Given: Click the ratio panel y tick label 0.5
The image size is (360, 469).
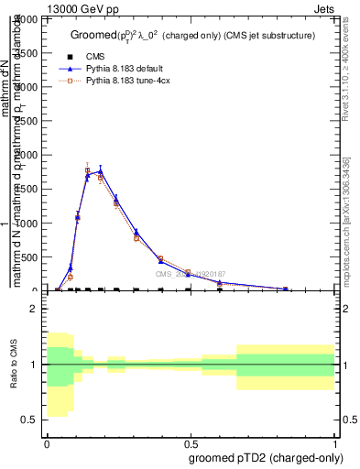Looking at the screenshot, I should (x=31, y=420).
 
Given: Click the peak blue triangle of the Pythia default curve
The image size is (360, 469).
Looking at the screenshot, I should (x=101, y=169).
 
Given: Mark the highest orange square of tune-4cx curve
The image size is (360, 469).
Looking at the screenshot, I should (x=88, y=170).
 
